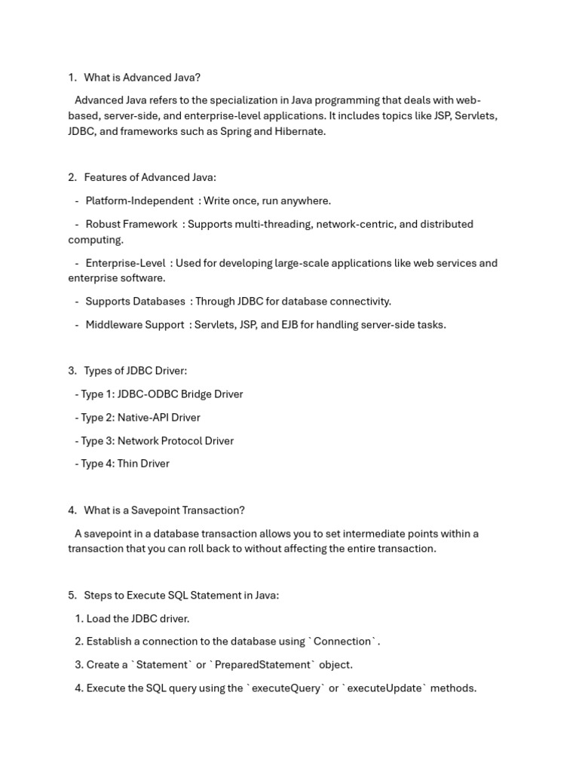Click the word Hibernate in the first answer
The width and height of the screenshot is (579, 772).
click(x=299, y=131)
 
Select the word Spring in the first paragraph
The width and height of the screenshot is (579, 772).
click(x=235, y=131)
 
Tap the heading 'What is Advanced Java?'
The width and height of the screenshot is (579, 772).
click(x=142, y=77)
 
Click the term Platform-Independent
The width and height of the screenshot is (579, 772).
click(x=139, y=201)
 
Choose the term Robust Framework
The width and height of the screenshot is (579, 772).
click(x=131, y=224)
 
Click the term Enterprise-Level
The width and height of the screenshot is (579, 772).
click(x=125, y=263)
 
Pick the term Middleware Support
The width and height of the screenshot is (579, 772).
click(x=134, y=325)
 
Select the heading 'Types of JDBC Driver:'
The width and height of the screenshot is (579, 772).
click(x=135, y=371)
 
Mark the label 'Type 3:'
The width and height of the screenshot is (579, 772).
click(x=97, y=441)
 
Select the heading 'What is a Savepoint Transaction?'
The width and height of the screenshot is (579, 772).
click(x=164, y=510)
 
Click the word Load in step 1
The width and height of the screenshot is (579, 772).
click(x=99, y=619)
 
